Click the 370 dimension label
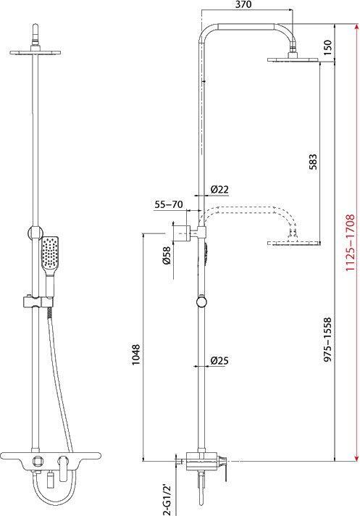[243, 4]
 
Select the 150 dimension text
[328, 47]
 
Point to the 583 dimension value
[313, 162]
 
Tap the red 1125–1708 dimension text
[351, 243]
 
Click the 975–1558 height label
[328, 340]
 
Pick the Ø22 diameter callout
[219, 189]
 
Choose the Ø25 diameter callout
[219, 360]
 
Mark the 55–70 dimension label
[169, 204]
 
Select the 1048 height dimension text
[135, 354]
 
